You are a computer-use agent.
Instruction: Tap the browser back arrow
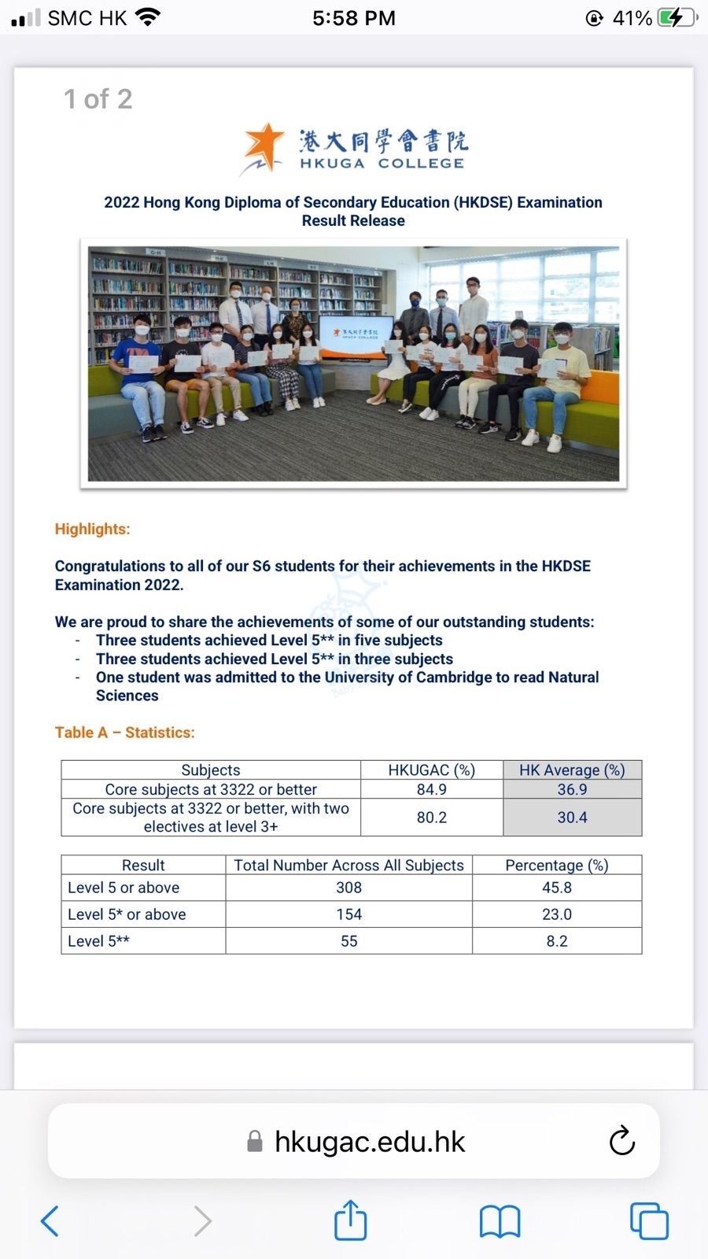click(50, 1220)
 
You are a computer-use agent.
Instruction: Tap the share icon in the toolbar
click(350, 1220)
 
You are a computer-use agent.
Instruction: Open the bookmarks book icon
click(500, 1221)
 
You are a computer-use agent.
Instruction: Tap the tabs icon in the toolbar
click(649, 1221)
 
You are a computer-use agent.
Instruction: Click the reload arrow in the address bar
click(621, 1141)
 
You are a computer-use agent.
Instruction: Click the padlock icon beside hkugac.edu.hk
click(254, 1142)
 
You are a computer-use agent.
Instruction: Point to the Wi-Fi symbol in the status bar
click(146, 17)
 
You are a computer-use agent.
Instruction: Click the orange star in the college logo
click(263, 146)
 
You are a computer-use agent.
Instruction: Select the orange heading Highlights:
click(92, 529)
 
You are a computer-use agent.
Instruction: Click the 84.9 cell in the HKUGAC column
click(431, 789)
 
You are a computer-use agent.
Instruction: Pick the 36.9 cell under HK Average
click(572, 789)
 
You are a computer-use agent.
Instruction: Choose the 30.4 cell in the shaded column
click(572, 818)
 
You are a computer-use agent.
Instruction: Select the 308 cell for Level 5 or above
click(348, 888)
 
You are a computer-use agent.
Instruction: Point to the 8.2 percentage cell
click(556, 941)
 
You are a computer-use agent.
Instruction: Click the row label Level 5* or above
click(127, 914)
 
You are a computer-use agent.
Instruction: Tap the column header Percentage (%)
click(556, 865)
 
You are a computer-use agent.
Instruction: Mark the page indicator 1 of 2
click(98, 99)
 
